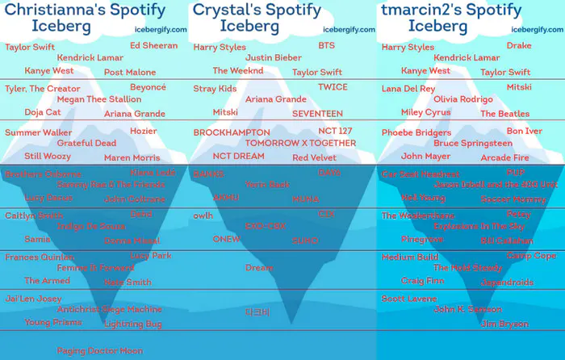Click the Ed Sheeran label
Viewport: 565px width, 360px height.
[153, 45]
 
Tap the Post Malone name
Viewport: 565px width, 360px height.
[130, 73]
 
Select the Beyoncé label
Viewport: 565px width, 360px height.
[148, 86]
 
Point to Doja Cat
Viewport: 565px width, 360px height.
[43, 112]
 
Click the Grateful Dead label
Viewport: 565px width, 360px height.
[86, 143]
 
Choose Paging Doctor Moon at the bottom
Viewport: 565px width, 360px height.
[99, 351]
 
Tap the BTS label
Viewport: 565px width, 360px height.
[326, 46]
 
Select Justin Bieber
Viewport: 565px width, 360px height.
[273, 58]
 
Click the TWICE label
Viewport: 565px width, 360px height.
[333, 87]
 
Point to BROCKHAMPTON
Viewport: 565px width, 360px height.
[232, 132]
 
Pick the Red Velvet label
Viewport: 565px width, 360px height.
[314, 157]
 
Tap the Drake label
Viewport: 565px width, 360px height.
[519, 46]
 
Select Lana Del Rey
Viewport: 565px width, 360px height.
[408, 89]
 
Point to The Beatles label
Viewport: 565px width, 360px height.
[504, 114]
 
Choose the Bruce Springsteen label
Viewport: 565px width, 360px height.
[474, 143]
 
